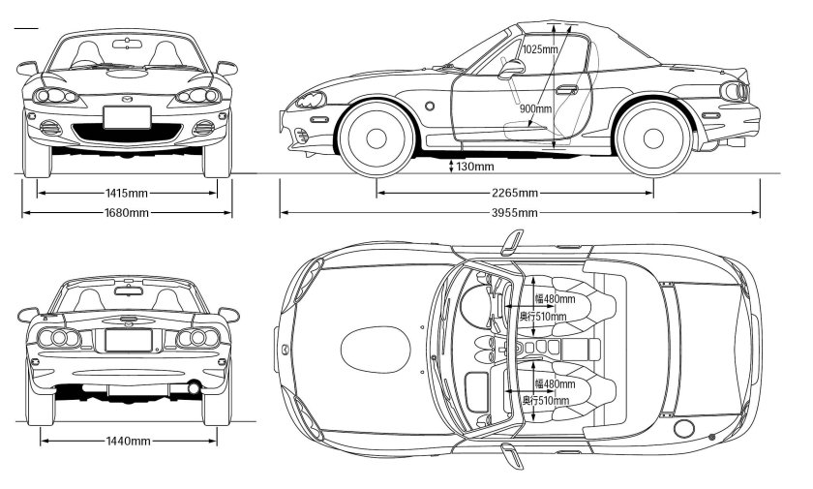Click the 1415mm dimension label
[127, 193]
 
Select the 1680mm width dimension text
[127, 213]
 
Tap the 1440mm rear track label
[127, 442]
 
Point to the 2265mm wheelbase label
[514, 193]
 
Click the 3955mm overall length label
[514, 213]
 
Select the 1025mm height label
[539, 48]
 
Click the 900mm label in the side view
[535, 109]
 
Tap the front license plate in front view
[127, 117]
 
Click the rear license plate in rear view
[127, 340]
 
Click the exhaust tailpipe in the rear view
[194, 388]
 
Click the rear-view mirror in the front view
[127, 43]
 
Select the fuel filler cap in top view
[684, 428]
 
